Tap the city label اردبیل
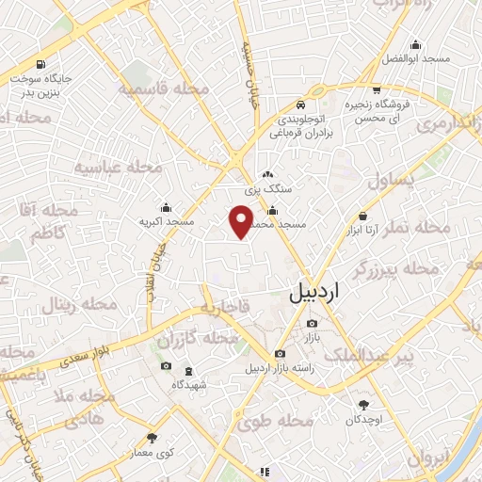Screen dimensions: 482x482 (315, 294)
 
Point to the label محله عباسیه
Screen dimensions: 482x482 (119, 168)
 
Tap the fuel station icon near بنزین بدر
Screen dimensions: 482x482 (40, 65)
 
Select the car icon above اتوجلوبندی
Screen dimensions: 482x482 (299, 104)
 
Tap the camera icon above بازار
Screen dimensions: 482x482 (312, 324)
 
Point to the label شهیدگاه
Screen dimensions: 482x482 (191, 385)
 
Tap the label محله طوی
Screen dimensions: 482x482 (267, 424)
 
